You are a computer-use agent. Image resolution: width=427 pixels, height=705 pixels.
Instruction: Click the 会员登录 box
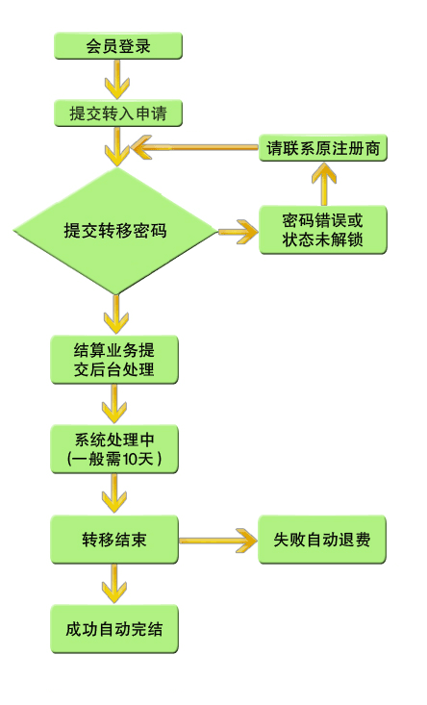click(118, 46)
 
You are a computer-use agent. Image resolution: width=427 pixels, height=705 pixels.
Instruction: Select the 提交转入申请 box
click(118, 113)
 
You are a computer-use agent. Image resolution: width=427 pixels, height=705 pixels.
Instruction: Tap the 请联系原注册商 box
click(323, 148)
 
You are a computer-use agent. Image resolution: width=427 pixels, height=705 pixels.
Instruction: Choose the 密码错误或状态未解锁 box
click(323, 230)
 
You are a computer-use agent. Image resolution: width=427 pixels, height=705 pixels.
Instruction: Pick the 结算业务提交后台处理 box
click(114, 360)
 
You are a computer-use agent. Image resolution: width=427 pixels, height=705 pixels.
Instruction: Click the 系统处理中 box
click(114, 449)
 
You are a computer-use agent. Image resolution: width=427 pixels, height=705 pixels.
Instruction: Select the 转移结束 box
click(114, 540)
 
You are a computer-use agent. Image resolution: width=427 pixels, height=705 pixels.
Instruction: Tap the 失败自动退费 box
click(322, 540)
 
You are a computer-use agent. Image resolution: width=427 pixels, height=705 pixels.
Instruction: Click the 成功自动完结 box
click(114, 629)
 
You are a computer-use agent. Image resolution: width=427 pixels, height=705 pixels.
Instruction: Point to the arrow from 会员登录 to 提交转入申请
click(117, 79)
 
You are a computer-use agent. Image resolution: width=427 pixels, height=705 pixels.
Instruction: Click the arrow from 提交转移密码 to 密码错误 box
click(239, 232)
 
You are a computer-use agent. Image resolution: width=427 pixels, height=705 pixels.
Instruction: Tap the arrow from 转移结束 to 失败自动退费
click(218, 540)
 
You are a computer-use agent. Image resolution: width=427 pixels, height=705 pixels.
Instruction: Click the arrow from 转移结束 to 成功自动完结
click(114, 584)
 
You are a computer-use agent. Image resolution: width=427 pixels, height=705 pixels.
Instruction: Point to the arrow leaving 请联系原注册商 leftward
click(194, 147)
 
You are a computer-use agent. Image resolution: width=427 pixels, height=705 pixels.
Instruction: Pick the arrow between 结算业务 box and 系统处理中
click(114, 404)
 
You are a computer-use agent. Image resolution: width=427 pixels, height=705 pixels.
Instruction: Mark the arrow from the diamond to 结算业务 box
click(116, 314)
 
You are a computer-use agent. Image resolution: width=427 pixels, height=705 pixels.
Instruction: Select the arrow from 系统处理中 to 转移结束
click(114, 493)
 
